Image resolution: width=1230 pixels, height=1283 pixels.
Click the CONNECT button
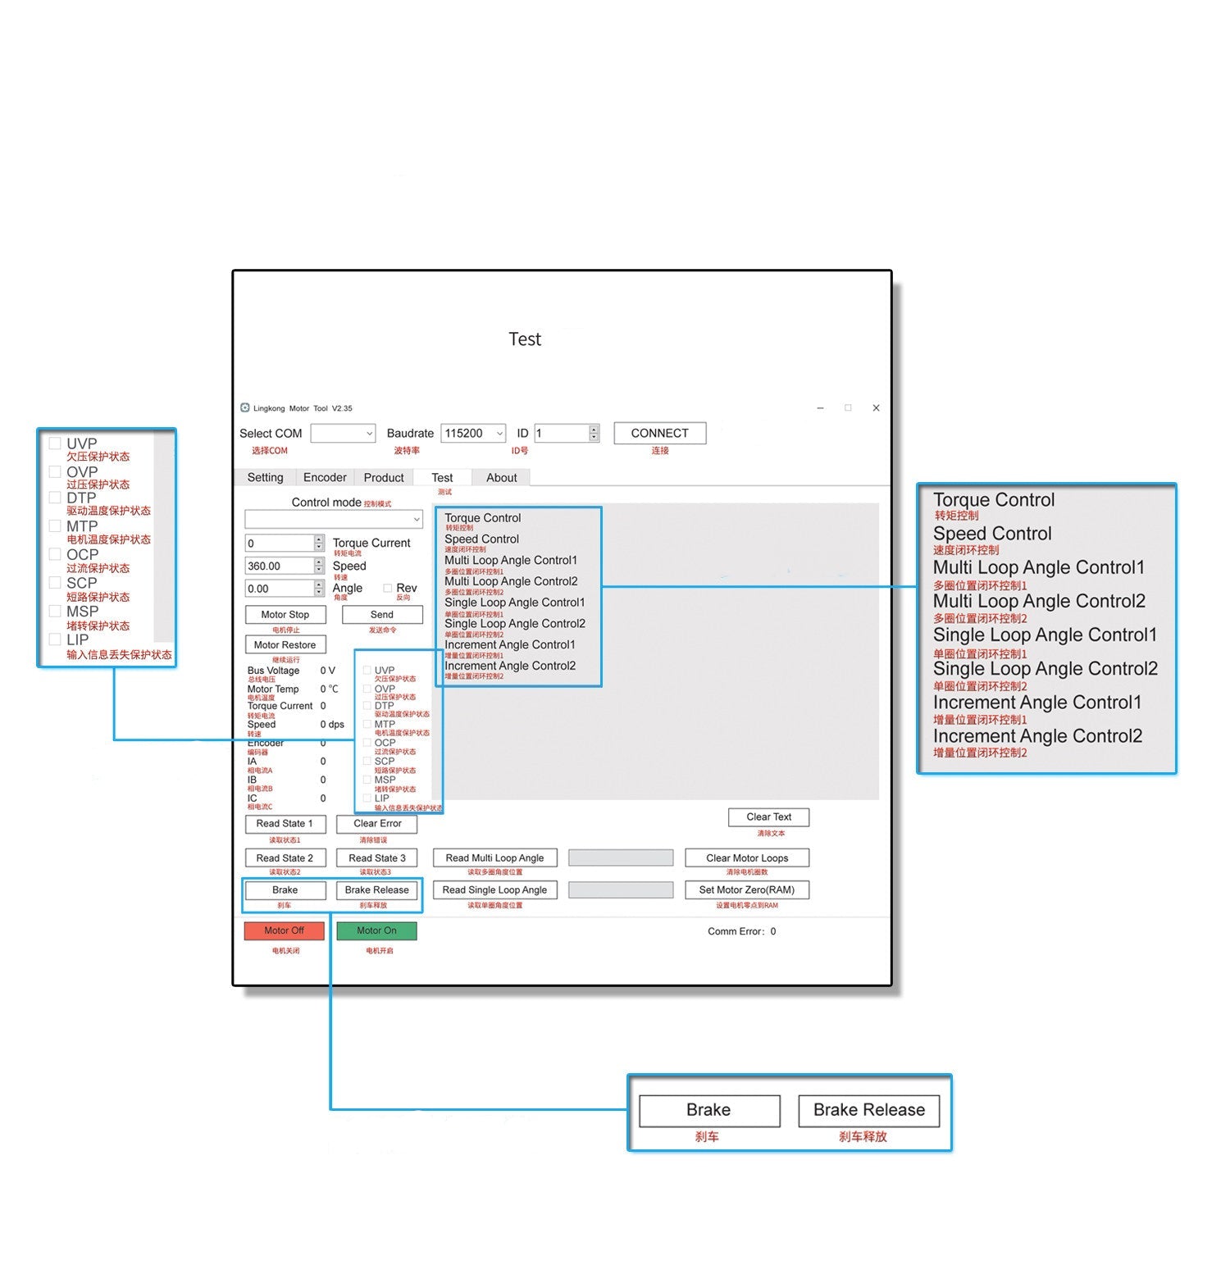[x=659, y=433]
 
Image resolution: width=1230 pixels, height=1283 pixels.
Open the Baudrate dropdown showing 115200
[x=474, y=433]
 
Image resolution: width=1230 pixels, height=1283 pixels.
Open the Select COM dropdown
[x=343, y=433]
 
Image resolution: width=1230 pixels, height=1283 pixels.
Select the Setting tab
[x=265, y=477]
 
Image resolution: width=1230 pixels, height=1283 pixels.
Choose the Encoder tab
[x=325, y=477]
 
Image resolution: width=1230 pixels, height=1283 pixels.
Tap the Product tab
[x=384, y=477]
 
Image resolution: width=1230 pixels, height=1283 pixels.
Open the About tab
[x=501, y=477]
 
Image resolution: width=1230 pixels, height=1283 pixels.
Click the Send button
[x=382, y=614]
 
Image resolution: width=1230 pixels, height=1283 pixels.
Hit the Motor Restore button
[x=285, y=644]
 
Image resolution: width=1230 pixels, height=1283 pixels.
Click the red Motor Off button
[x=284, y=930]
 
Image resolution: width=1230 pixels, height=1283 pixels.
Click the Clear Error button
[x=377, y=823]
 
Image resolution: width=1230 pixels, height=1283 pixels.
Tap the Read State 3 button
[x=376, y=858]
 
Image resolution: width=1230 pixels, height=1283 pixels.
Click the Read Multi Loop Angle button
[x=494, y=858]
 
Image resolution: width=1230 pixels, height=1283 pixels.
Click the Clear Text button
[x=768, y=817]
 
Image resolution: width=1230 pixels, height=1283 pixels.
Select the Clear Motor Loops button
[x=747, y=858]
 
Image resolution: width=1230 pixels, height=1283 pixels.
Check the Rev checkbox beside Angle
[x=388, y=588]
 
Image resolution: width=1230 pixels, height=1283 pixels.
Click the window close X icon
[x=876, y=407]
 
